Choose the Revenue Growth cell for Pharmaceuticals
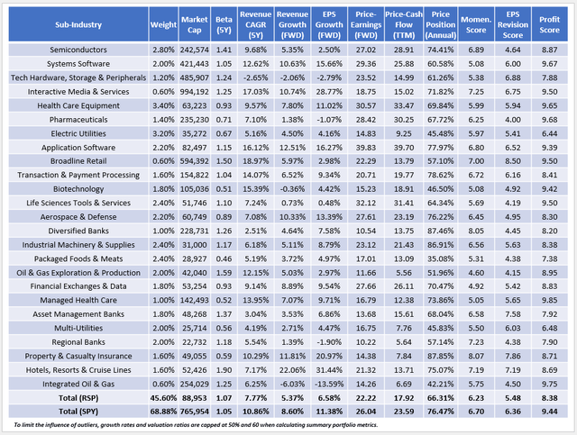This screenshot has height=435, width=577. point(292,118)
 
